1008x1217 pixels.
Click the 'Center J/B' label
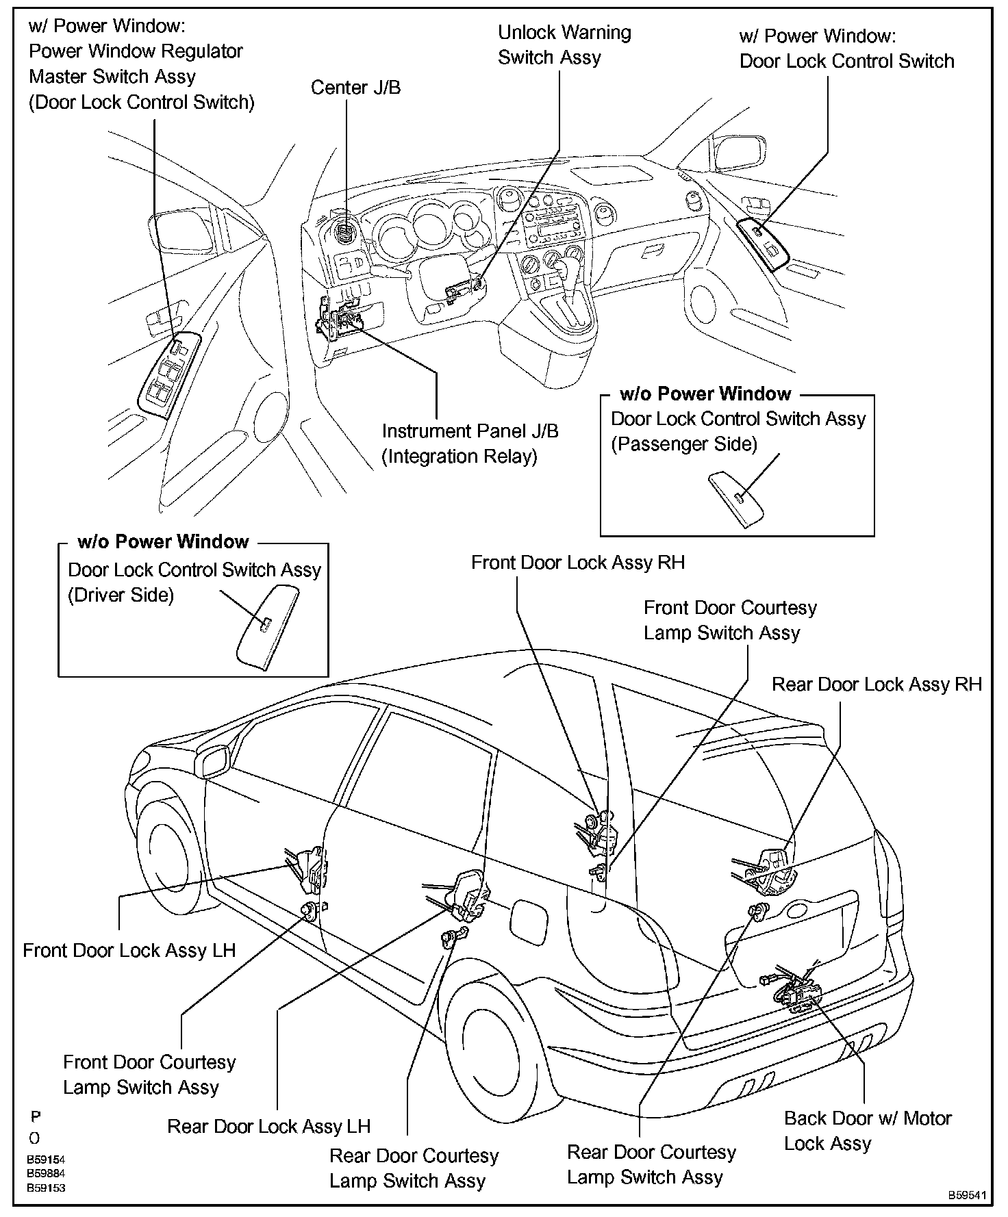355,88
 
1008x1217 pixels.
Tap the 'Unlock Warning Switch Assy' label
564,45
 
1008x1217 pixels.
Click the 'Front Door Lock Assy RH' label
577,563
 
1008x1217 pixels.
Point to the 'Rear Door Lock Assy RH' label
877,684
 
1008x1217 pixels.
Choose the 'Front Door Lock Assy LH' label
129,950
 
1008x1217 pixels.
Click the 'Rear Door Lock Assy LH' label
268,1127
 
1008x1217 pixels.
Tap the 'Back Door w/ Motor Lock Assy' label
867,1131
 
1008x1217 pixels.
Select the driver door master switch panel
168,372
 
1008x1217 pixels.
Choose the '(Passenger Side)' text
683,444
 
